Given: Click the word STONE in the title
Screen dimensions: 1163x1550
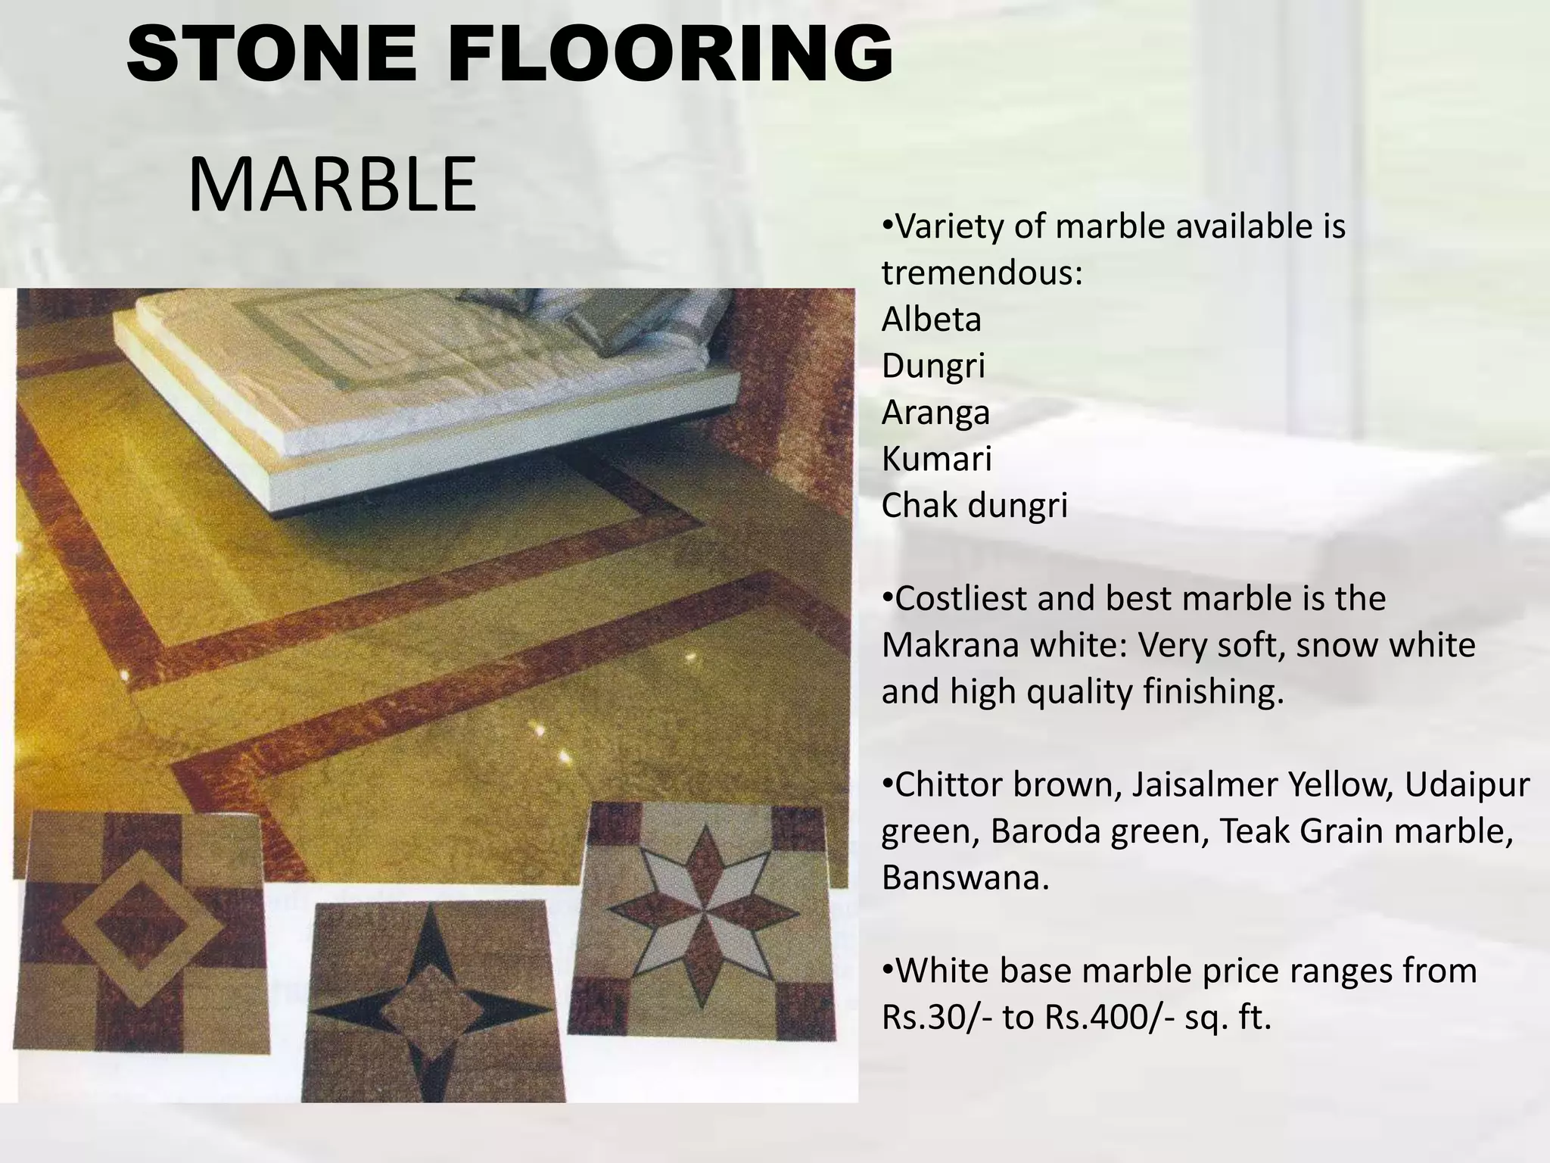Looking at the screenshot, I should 271,55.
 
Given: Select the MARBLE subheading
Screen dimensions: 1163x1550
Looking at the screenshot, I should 331,185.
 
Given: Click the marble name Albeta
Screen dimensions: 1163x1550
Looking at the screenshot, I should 931,320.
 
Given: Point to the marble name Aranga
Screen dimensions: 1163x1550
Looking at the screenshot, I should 935,413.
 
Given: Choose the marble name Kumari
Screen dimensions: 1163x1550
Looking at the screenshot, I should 936,459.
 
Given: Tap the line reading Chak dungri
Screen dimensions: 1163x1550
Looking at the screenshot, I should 974,506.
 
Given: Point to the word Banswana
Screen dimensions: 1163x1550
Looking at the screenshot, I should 965,878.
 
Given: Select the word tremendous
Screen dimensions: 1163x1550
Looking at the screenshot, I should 982,273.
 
